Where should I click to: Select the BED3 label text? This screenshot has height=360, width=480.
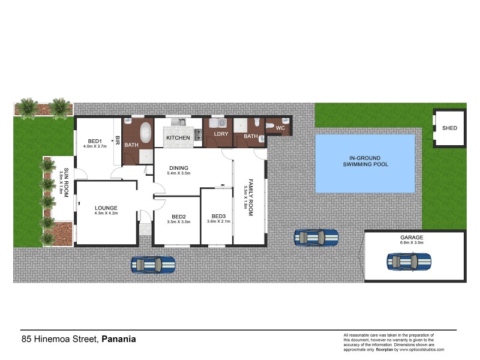(218, 216)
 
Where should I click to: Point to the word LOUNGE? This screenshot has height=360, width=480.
(106, 208)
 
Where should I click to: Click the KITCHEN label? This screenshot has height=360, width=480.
(178, 138)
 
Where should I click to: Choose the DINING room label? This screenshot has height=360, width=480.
(178, 168)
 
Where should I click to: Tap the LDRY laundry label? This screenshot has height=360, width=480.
(221, 134)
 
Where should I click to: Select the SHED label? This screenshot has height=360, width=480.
(449, 128)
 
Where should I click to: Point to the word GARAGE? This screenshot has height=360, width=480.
(412, 238)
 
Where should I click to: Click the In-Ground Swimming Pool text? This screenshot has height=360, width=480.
(365, 160)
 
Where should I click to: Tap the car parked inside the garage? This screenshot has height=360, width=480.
(409, 261)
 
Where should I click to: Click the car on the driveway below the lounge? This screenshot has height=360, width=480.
(154, 264)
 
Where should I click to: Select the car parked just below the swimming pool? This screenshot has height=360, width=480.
(316, 238)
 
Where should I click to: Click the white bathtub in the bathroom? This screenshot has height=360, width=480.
(145, 133)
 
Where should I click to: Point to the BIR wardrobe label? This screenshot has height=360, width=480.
(118, 142)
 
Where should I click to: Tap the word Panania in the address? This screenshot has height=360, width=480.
(119, 339)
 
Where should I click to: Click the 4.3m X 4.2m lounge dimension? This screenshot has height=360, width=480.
(106, 214)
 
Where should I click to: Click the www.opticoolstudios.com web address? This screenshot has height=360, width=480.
(422, 349)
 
